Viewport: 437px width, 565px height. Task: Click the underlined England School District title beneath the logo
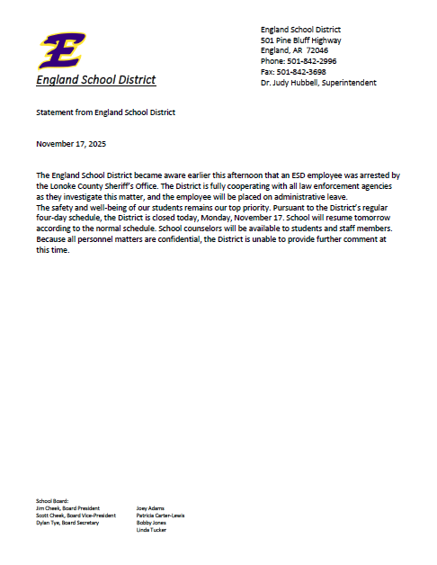coord(96,80)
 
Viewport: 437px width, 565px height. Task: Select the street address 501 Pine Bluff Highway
coord(301,40)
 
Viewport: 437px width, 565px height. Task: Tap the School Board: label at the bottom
coord(52,500)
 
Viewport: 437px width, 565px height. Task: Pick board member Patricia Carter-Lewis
coord(161,515)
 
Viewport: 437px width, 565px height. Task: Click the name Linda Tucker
coord(151,529)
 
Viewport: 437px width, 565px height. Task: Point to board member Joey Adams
coord(151,507)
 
